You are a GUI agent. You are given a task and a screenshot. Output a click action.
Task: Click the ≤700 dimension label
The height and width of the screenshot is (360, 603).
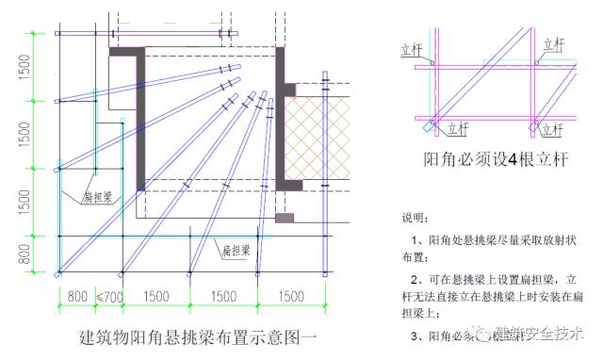point(109,296)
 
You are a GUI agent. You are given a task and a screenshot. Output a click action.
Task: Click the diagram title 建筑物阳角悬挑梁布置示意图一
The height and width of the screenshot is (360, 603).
point(198,336)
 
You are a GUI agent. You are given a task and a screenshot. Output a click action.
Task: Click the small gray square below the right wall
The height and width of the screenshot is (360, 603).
point(285,218)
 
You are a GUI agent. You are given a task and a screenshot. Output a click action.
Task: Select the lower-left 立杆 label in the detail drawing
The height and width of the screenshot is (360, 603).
point(457,127)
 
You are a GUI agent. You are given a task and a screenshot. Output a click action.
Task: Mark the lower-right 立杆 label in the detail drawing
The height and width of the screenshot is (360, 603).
point(555,127)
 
